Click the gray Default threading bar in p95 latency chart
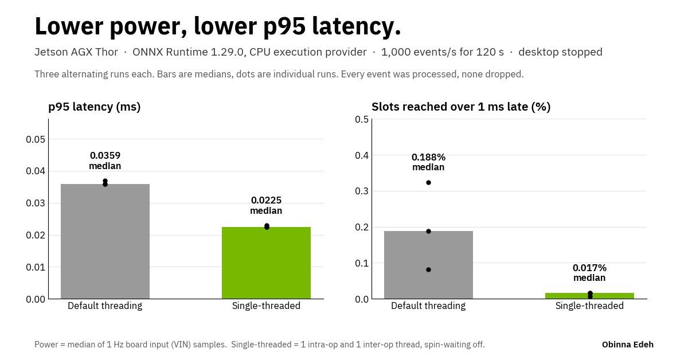point(105,241)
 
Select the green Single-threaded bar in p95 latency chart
point(266,263)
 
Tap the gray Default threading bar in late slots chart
point(428,265)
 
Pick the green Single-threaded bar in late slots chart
point(590,296)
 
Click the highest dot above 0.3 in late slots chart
point(428,183)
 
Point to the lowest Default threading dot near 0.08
point(428,269)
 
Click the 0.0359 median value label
point(105,161)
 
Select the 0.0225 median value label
point(266,205)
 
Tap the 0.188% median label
point(428,162)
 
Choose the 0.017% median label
point(590,272)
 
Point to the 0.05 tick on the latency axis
point(36,139)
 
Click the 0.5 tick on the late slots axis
point(362,119)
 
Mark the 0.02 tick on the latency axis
point(36,235)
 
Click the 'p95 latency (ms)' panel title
point(94,107)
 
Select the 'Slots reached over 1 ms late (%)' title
point(461,107)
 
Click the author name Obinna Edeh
point(627,345)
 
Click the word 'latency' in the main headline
point(357,26)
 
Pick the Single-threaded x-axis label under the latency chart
point(266,306)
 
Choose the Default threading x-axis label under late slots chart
point(428,306)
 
